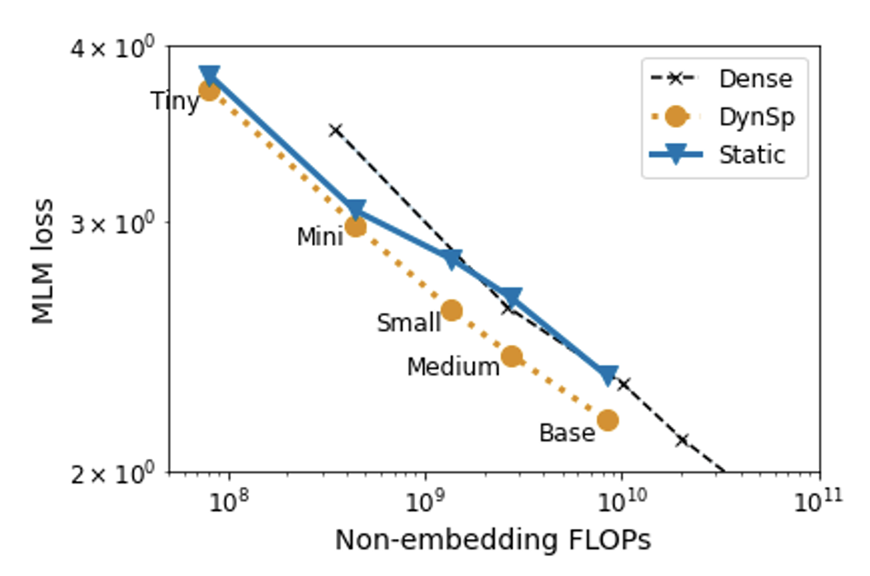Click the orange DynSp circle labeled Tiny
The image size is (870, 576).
click(x=210, y=90)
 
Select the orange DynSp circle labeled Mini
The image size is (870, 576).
click(x=356, y=226)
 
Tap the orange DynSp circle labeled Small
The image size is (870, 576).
click(x=452, y=310)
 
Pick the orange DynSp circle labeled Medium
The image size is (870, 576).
click(x=512, y=356)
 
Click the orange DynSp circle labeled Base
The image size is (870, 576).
click(x=608, y=420)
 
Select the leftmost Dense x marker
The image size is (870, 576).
click(x=335, y=130)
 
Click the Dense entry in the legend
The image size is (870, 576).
click(x=754, y=79)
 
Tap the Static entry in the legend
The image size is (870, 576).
click(x=751, y=154)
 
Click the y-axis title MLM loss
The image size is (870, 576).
click(x=44, y=261)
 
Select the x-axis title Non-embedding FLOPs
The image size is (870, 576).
click(x=493, y=541)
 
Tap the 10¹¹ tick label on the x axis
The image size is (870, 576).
click(x=820, y=501)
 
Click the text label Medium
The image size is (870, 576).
click(x=453, y=366)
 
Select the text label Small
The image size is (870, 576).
click(x=409, y=323)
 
